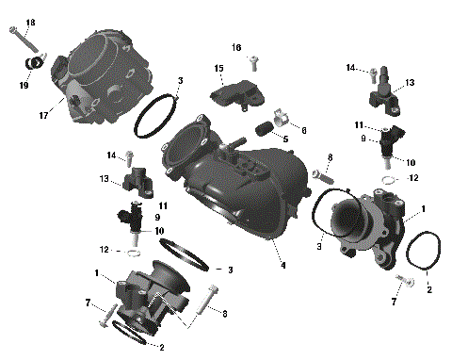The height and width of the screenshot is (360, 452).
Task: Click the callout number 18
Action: point(30,22)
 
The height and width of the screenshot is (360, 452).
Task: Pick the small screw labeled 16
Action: point(253,63)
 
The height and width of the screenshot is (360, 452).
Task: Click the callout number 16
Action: point(237,46)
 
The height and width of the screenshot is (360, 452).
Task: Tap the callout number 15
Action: point(218,68)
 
